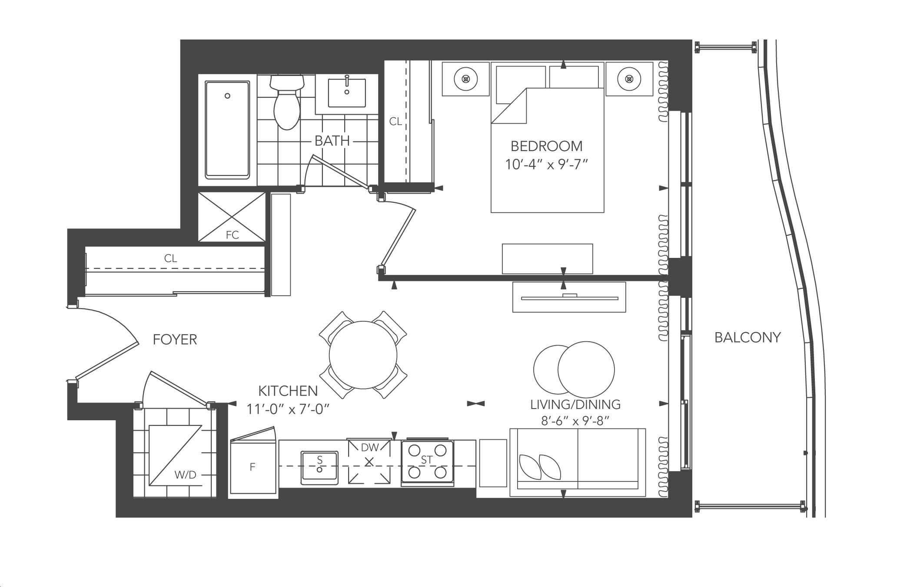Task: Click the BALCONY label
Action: (x=747, y=337)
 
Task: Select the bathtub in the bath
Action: (x=227, y=130)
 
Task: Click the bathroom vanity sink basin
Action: (x=347, y=92)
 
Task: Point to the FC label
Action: (x=233, y=235)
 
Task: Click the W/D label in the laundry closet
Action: (x=186, y=475)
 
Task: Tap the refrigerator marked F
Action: (x=253, y=467)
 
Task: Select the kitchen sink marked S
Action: (x=319, y=468)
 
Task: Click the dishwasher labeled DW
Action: (x=369, y=462)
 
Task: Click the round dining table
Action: (x=363, y=355)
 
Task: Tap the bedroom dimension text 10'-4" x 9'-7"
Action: (x=546, y=165)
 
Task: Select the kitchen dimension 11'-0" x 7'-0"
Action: (x=288, y=409)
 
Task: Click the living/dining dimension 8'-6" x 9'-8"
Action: (x=575, y=421)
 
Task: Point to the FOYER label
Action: (x=175, y=340)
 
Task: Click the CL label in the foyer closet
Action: (x=170, y=258)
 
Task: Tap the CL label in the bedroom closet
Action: (x=395, y=122)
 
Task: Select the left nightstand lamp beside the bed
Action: (x=466, y=79)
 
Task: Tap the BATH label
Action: (x=332, y=141)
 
